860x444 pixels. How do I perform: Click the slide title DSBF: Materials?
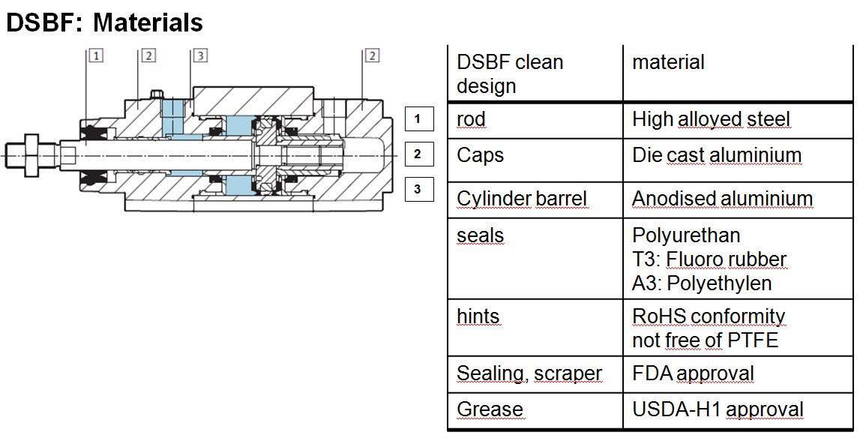coord(104,22)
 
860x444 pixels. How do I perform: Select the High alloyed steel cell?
coord(711,119)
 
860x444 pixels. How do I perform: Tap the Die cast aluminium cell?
coord(717,155)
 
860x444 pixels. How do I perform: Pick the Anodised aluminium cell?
coord(722,199)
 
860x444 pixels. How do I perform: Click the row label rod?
coord(471,119)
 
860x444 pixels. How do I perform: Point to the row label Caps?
coord(480,155)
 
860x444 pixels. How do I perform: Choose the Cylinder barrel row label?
coord(522,199)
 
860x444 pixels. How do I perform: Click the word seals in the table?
coord(480,235)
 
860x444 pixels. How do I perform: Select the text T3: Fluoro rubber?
coord(709,259)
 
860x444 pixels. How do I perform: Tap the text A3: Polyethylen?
coord(702,283)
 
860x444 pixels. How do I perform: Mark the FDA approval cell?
coord(693,373)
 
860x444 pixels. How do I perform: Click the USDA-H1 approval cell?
coord(718,409)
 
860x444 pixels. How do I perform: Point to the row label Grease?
coord(490,409)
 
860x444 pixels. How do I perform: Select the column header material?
coord(668,62)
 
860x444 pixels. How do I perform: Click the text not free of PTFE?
coord(706,340)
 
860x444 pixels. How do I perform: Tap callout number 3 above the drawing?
coord(199,55)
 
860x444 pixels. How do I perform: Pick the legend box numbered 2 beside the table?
coord(418,154)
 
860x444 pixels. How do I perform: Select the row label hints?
coord(478,316)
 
